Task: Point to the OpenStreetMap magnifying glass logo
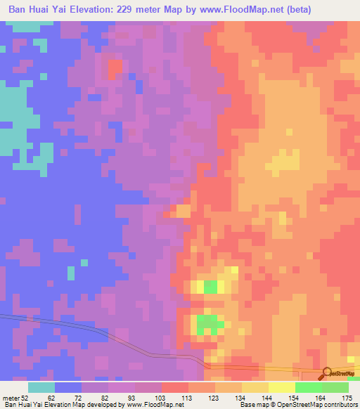[x=327, y=373]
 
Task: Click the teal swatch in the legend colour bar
[x=41, y=387]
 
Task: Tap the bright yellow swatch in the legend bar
[x=281, y=387]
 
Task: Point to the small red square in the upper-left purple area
[x=114, y=68]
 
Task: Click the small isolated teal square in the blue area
[x=70, y=272]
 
